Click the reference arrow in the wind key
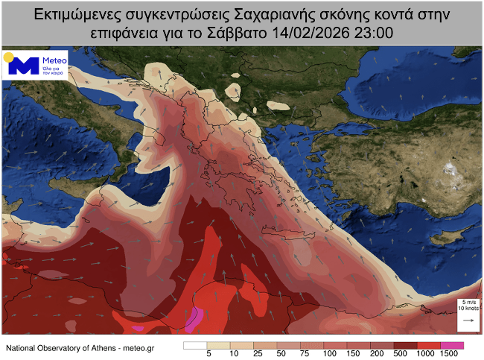[469, 320]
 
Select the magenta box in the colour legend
[453, 345]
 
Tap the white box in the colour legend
[195, 345]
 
